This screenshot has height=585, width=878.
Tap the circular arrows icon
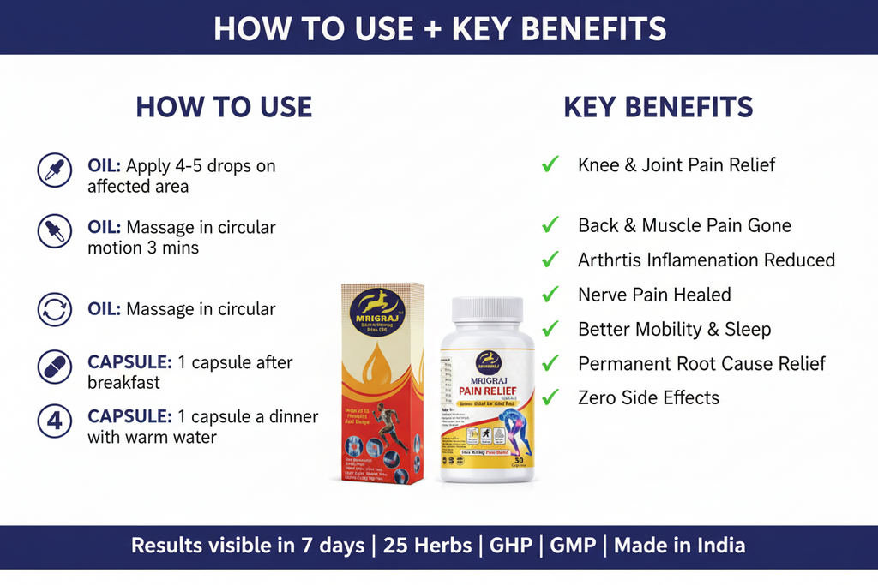click(x=55, y=309)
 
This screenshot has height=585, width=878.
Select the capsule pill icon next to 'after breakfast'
click(x=55, y=367)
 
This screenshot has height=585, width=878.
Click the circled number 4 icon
click(x=55, y=421)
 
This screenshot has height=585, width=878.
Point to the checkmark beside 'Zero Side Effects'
click(x=550, y=397)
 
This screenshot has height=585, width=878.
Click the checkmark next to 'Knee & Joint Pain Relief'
click(x=550, y=164)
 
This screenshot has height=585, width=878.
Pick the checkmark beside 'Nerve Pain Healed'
click(x=550, y=294)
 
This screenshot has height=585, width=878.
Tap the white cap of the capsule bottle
click(x=487, y=310)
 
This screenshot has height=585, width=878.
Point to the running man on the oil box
click(x=388, y=426)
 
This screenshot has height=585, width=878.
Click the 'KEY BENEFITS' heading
click(x=658, y=107)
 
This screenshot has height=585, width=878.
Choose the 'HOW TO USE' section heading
click(x=224, y=107)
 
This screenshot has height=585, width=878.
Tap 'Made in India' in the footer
click(x=679, y=546)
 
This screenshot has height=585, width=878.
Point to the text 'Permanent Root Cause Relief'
click(x=701, y=363)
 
